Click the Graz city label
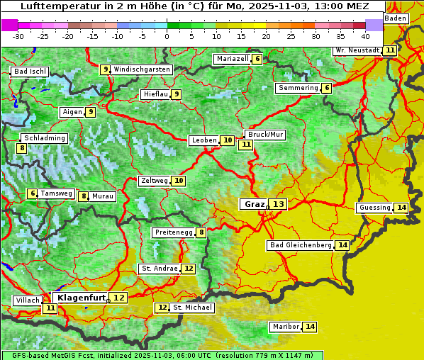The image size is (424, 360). click(x=254, y=204)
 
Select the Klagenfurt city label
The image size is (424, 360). click(x=82, y=298)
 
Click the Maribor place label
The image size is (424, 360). click(x=285, y=327)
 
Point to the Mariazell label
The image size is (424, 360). click(x=233, y=59)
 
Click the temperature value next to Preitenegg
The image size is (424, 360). click(x=201, y=232)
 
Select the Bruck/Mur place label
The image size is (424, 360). click(x=265, y=135)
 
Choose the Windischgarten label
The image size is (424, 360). click(x=142, y=69)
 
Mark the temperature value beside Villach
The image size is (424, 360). click(x=50, y=308)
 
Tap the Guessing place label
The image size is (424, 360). click(x=374, y=208)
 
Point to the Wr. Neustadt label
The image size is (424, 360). click(x=357, y=50)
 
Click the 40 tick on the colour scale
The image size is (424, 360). click(x=364, y=35)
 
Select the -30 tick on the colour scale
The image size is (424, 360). click(x=18, y=35)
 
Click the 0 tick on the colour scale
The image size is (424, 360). click(x=167, y=35)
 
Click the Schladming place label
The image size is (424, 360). click(x=44, y=138)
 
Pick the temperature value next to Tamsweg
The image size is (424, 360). click(x=33, y=193)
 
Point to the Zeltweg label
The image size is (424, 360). click(x=154, y=181)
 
